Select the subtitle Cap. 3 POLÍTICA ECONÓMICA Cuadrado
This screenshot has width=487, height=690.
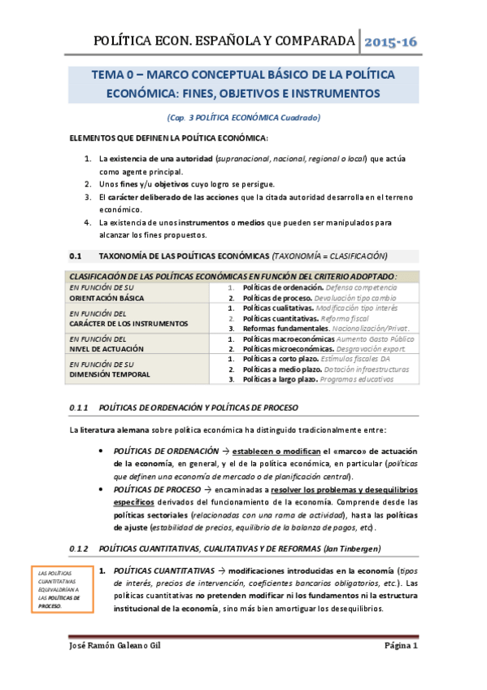[x=243, y=118]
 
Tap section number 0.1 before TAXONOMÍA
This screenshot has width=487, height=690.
[x=76, y=255]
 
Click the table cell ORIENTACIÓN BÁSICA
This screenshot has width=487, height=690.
[x=102, y=298]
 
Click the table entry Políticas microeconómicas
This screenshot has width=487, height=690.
[x=284, y=347]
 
